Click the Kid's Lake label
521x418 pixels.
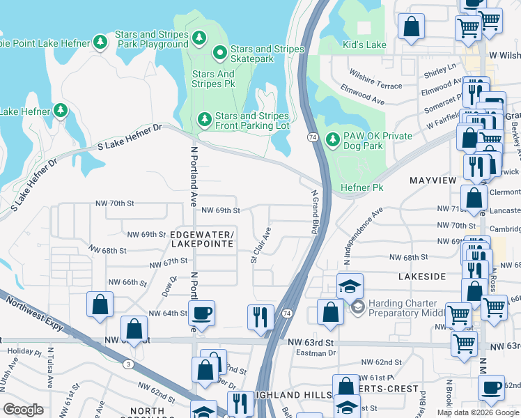click(x=364, y=45)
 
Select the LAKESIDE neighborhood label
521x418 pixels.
click(x=421, y=277)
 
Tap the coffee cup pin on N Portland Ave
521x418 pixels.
click(x=202, y=313)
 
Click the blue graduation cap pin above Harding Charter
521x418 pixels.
click(x=350, y=286)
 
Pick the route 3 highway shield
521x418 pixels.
click(x=128, y=364)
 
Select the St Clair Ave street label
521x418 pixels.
click(x=261, y=244)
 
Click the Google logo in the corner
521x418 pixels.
click(x=24, y=410)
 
